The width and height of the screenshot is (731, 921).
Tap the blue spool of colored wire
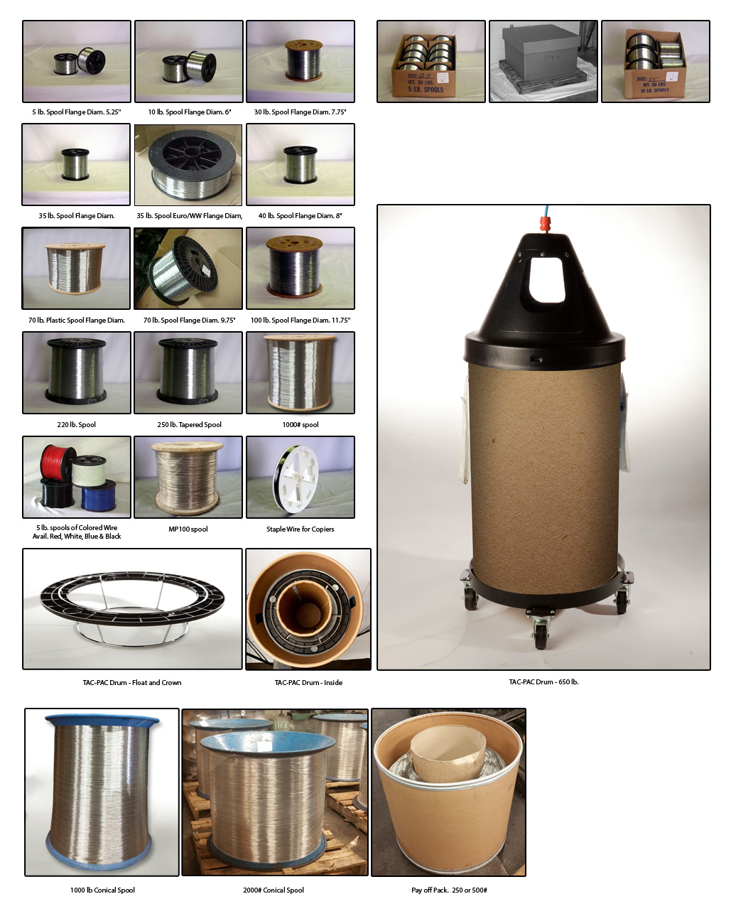99,496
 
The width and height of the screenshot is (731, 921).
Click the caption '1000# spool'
300,425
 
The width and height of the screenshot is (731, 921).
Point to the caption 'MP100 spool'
188,529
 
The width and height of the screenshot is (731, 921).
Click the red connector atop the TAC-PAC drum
545,224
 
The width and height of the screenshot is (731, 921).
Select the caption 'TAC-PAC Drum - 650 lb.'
543,682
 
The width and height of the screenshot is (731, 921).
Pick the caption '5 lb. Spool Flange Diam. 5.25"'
76,112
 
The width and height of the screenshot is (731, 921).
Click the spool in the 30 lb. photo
304,60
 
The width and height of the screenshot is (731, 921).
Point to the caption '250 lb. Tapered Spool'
189,425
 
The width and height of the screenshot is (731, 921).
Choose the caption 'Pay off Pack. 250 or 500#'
449,890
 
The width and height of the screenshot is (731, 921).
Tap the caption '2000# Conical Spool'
274,890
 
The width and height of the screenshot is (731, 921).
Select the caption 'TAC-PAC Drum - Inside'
308,683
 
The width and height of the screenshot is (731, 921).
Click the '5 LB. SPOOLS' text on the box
426,90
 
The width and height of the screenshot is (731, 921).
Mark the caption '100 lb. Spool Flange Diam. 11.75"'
300,321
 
